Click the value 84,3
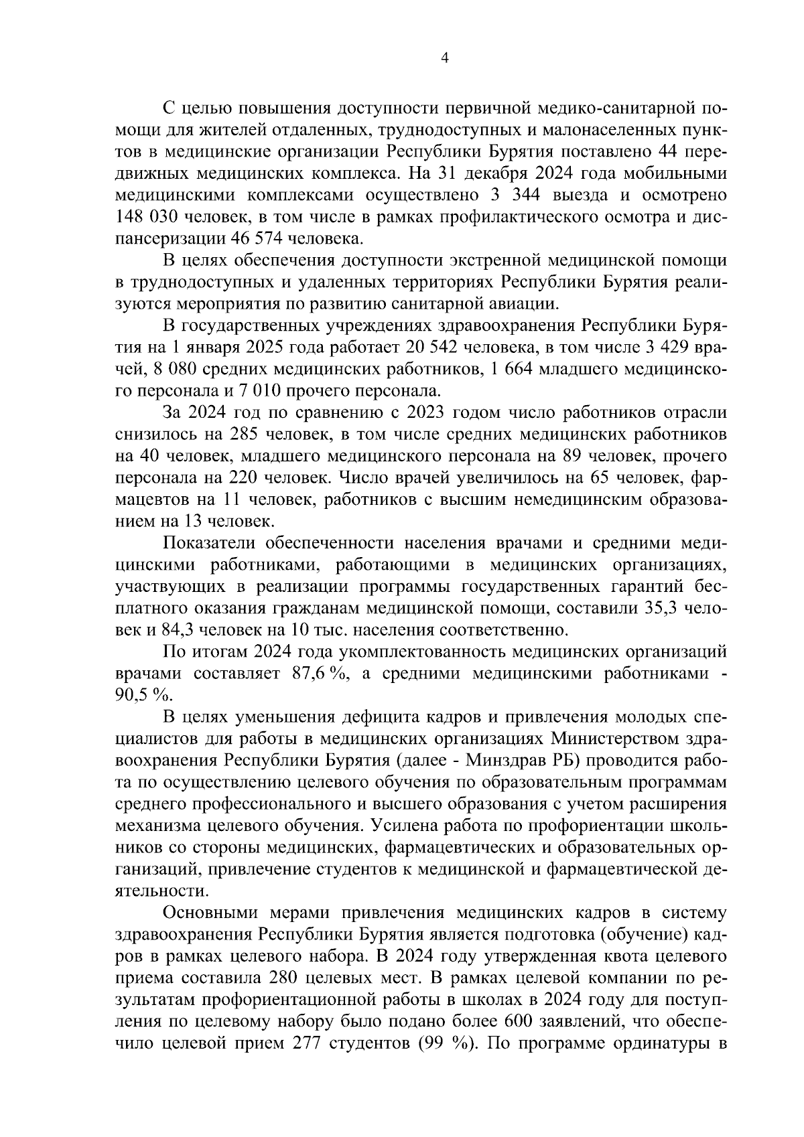coord(176,631)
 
